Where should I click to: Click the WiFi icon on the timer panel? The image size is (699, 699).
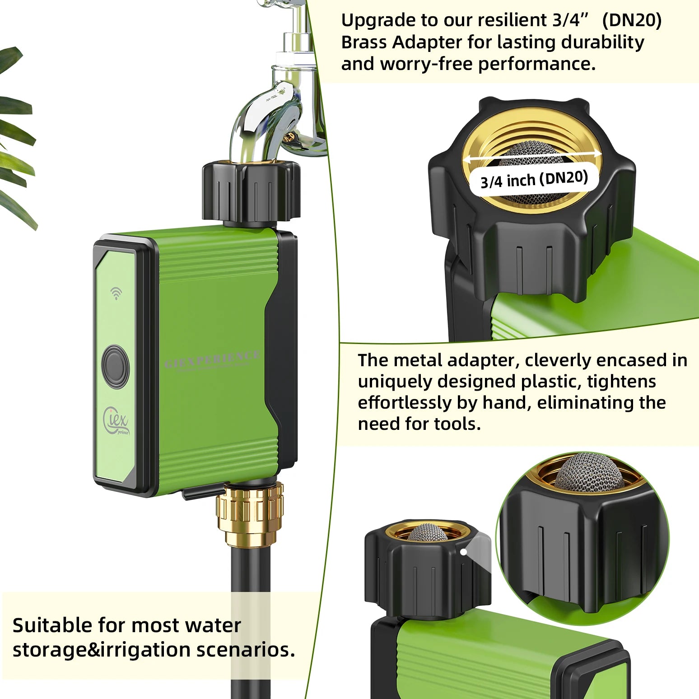[116, 294]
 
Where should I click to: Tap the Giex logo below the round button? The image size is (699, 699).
[116, 419]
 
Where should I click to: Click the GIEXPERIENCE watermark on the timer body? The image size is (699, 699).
[212, 360]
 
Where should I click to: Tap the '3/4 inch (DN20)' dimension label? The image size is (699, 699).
[534, 179]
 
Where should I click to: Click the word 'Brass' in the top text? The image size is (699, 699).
[364, 42]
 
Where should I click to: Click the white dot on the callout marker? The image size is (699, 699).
[463, 552]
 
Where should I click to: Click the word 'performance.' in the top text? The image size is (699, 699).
[537, 64]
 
